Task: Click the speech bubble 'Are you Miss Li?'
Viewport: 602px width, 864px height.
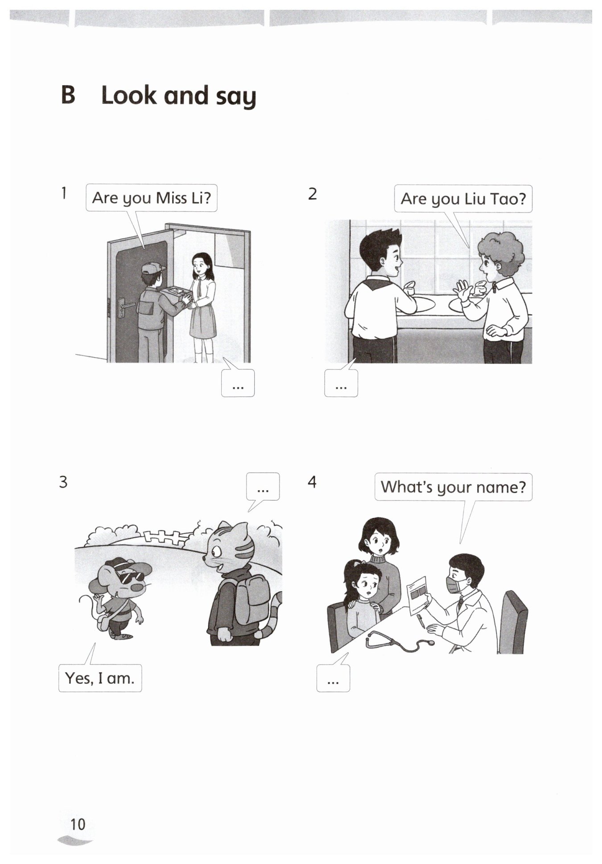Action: pos(151,198)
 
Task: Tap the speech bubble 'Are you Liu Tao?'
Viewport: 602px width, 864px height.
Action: pos(463,199)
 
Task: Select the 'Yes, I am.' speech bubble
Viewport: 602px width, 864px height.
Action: pos(100,678)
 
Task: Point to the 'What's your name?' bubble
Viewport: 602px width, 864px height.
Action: pos(453,487)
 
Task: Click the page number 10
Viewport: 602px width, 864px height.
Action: pos(78,824)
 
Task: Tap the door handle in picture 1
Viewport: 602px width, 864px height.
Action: pos(124,306)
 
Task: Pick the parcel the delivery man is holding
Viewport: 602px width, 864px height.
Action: pos(176,295)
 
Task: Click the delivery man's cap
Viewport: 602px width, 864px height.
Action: pos(153,268)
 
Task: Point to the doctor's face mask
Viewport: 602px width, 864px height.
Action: pos(455,584)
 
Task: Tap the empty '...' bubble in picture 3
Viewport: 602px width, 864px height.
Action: pos(263,487)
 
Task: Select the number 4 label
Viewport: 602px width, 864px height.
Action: pos(312,482)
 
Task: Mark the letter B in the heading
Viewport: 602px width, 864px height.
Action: pos(68,95)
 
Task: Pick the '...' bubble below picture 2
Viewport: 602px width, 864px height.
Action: pos(341,383)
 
